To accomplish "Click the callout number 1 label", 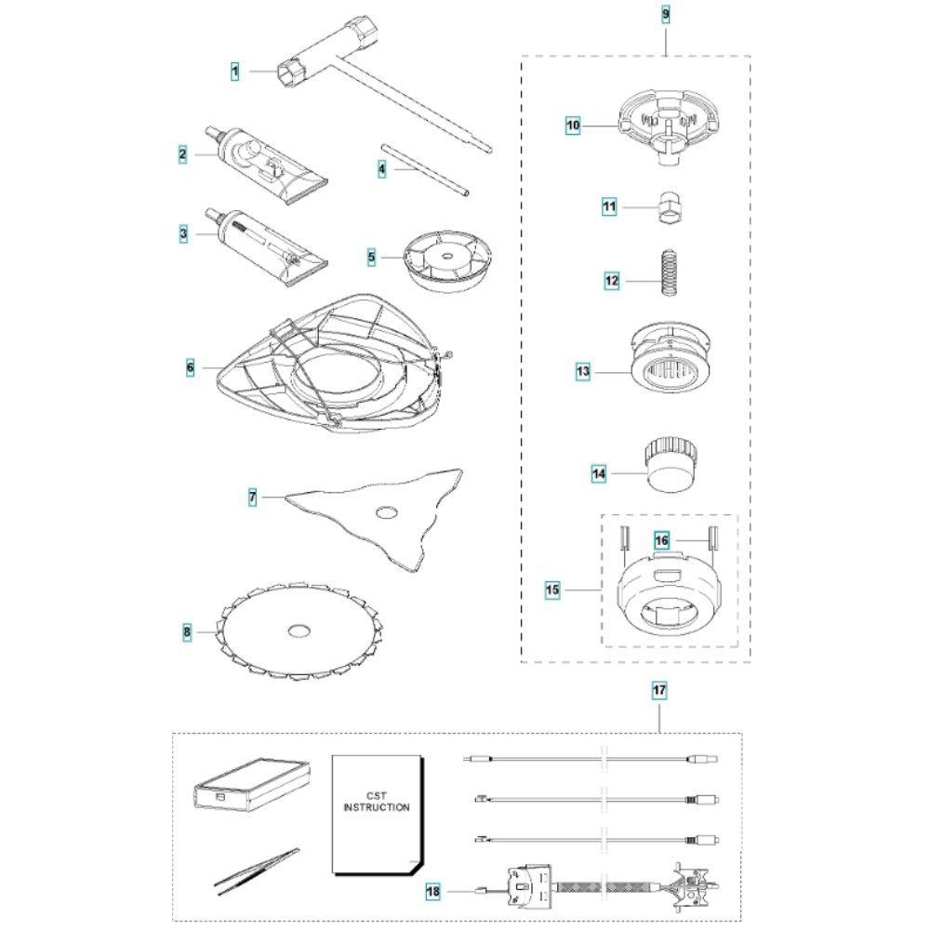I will point(235,70).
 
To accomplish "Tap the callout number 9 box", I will point(666,15).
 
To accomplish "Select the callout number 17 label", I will point(658,690).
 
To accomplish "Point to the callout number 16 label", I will point(662,539).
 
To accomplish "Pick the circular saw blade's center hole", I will point(299,631).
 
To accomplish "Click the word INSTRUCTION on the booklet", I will point(377,807).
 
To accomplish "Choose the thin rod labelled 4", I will point(423,169).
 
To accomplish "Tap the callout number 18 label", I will point(432,891).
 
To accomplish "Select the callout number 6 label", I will point(190,368).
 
